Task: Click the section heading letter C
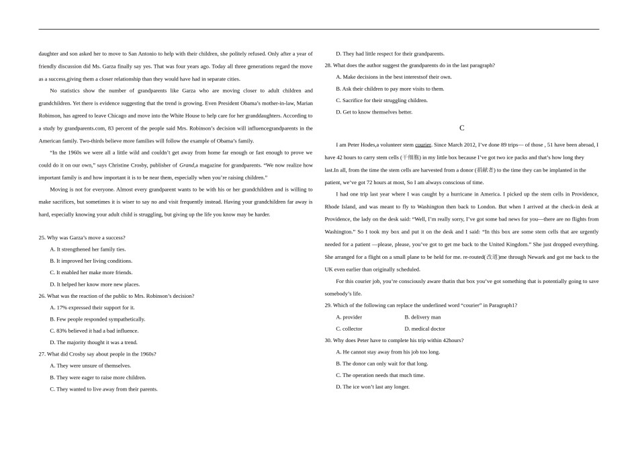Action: pyautogui.click(x=461, y=128)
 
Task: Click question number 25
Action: pyautogui.click(x=42, y=238)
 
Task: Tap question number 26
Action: pyautogui.click(x=42, y=296)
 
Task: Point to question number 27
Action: pyautogui.click(x=42, y=354)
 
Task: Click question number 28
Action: pyautogui.click(x=328, y=65)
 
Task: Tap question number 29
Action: pyautogui.click(x=328, y=305)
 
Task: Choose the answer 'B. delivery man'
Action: pyautogui.click(x=422, y=317)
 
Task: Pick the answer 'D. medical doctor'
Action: pyautogui.click(x=424, y=329)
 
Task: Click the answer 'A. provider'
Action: pyautogui.click(x=349, y=317)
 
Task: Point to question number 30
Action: pyautogui.click(x=328, y=340)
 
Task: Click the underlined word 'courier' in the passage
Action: pyautogui.click(x=423, y=145)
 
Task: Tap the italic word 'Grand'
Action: pyautogui.click(x=187, y=165)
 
